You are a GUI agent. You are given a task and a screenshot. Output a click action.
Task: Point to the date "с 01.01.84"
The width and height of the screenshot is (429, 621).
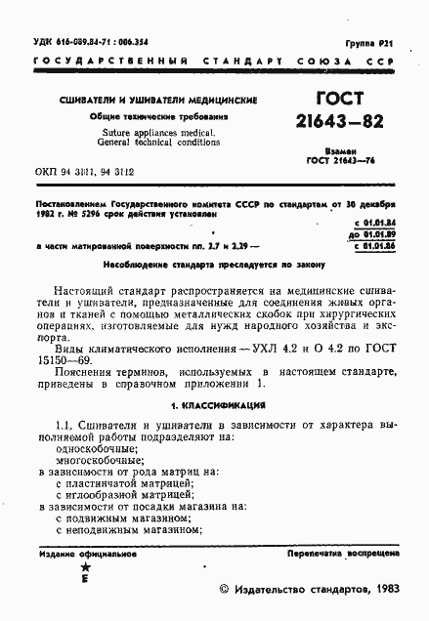pos(375,226)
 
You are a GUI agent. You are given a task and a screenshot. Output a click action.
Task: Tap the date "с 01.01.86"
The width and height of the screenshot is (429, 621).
pos(375,247)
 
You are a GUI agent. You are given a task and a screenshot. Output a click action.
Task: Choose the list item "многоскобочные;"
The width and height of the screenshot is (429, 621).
pos(99,458)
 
